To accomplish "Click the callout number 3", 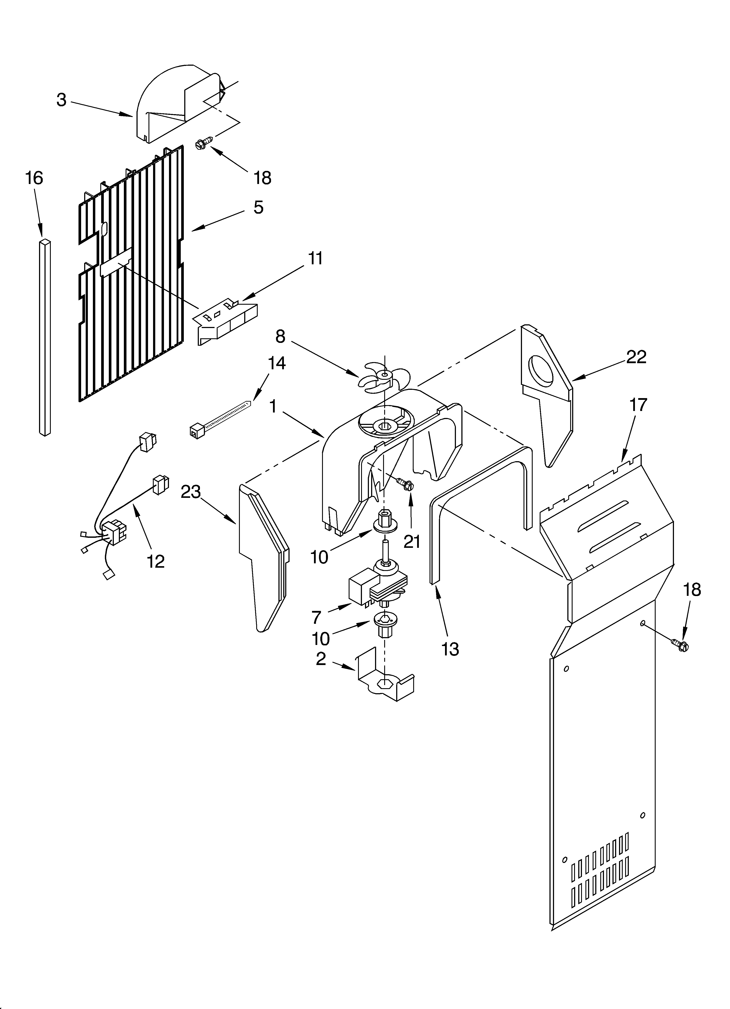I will click(61, 100).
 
